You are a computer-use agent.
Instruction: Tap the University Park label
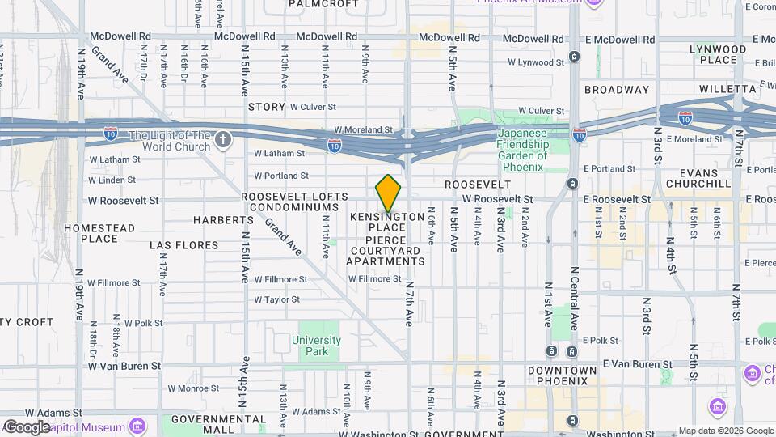pyautogui.click(x=317, y=346)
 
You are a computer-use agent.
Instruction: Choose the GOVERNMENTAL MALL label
pyautogui.click(x=213, y=424)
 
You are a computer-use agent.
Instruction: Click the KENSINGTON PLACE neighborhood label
pyautogui.click(x=387, y=223)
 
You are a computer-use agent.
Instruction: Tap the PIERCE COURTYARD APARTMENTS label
pyautogui.click(x=386, y=251)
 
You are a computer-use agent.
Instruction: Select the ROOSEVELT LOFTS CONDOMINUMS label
pyautogui.click(x=294, y=202)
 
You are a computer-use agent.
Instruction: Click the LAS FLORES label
pyautogui.click(x=184, y=245)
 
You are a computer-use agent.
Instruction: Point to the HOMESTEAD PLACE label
pyautogui.click(x=99, y=233)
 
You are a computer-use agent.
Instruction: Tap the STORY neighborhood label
pyautogui.click(x=267, y=107)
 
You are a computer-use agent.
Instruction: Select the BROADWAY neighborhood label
pyautogui.click(x=617, y=90)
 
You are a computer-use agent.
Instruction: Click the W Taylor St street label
pyautogui.click(x=277, y=299)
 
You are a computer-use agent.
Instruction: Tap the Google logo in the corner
pyautogui.click(x=27, y=426)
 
